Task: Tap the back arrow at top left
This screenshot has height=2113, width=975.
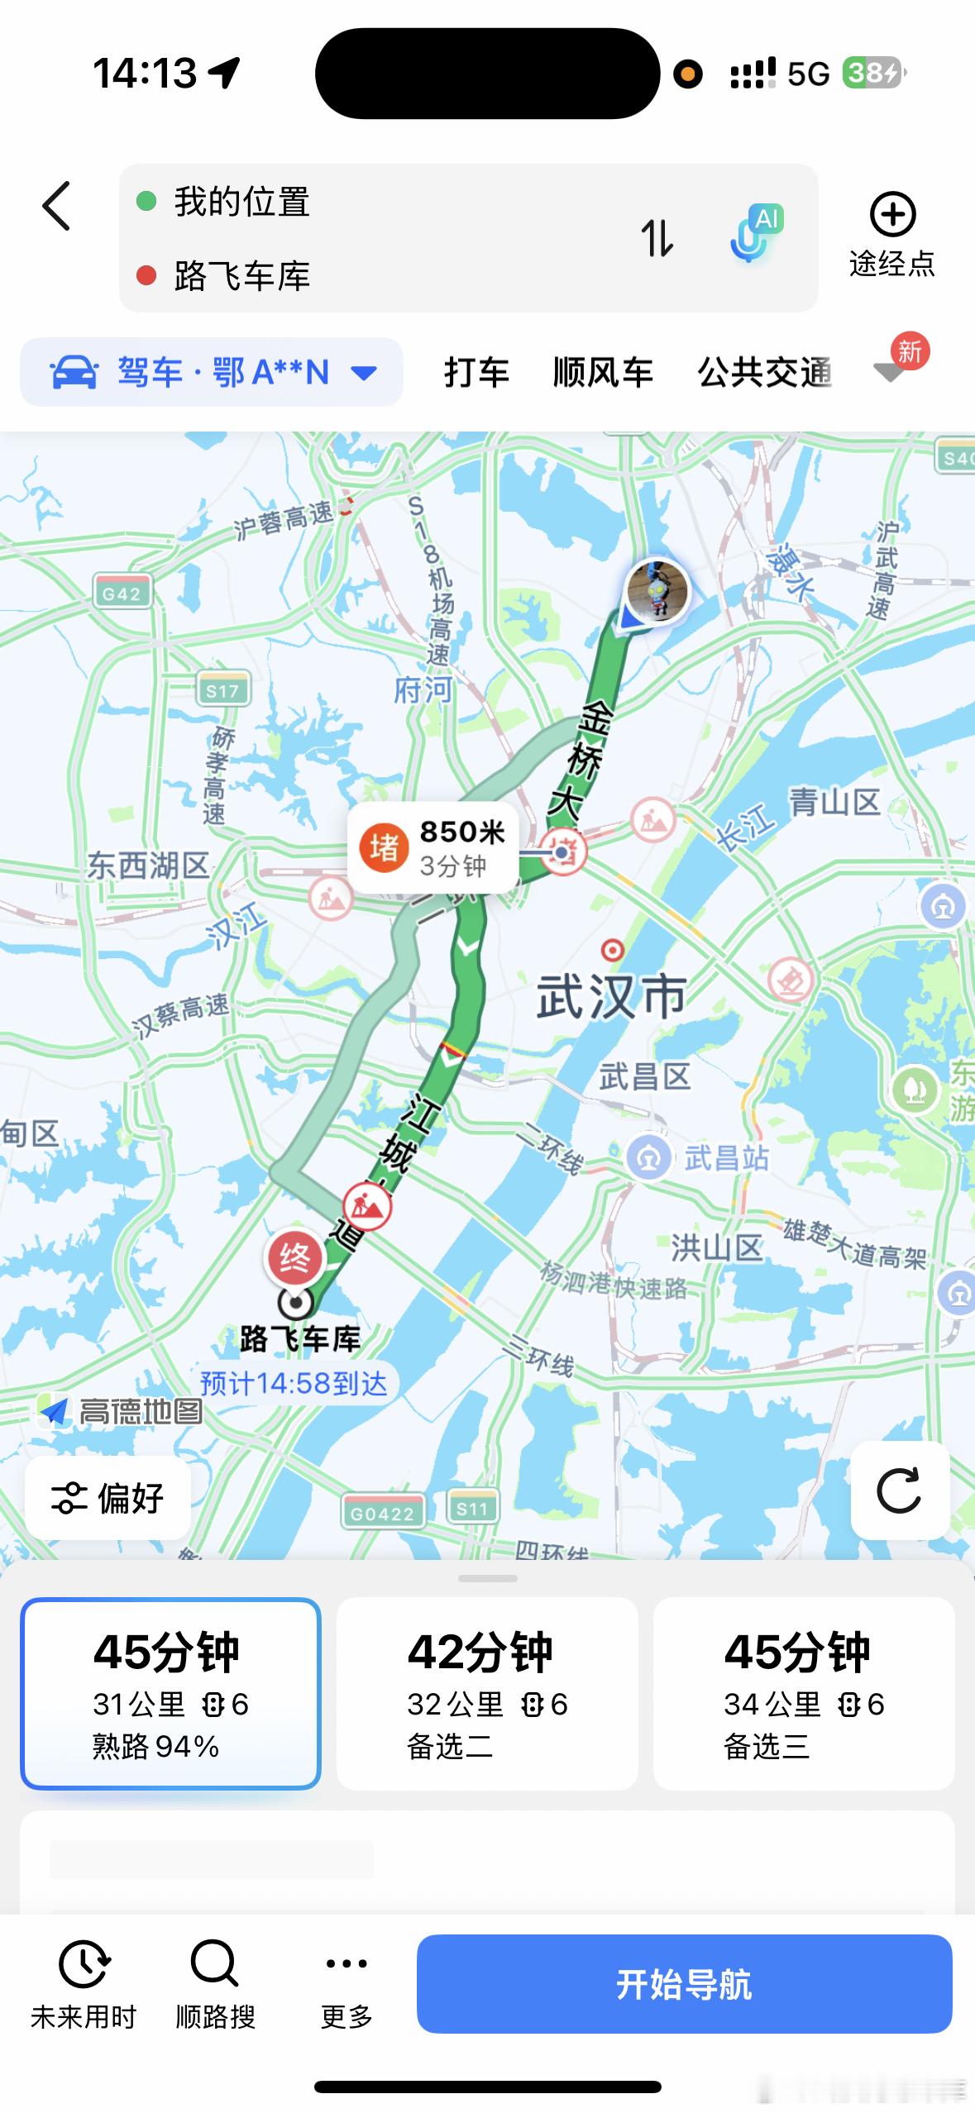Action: coord(56,206)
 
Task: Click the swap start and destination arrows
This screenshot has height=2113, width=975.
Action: coord(657,239)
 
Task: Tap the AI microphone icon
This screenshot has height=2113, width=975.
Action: coord(755,234)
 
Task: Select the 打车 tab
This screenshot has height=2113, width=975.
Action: coord(476,373)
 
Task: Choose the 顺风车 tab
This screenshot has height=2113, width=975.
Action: coord(603,373)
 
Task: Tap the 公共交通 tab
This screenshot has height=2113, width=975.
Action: coord(764,373)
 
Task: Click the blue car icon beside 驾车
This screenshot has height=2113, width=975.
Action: coord(74,373)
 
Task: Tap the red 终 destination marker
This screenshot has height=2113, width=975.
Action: coord(294,1258)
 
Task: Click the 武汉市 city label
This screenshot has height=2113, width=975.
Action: coord(611,996)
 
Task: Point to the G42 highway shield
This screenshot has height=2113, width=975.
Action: coord(122,593)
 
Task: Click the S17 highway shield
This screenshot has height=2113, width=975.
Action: coord(222,690)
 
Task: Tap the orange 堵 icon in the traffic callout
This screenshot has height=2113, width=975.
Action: coord(384,847)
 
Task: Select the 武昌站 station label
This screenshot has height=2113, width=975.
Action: coord(726,1157)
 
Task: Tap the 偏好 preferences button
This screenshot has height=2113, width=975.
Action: coord(108,1498)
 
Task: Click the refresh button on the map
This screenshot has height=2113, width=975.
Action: coord(899,1491)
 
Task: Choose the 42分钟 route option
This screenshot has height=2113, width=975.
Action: coord(487,1693)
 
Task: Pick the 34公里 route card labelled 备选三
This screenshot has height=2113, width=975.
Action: coord(804,1693)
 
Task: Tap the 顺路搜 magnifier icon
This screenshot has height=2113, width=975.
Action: coord(215,1964)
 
